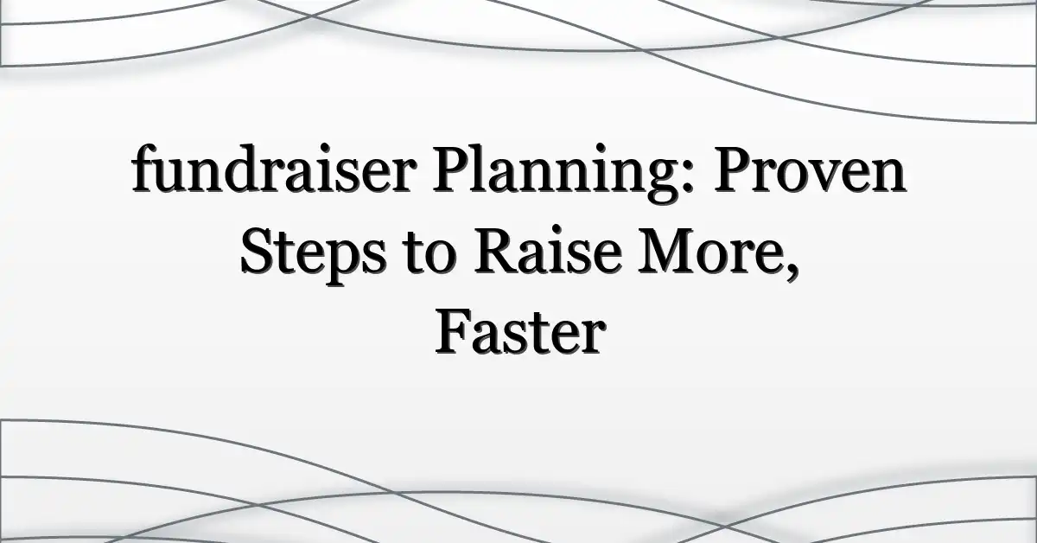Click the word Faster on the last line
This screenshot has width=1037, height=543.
point(518,335)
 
